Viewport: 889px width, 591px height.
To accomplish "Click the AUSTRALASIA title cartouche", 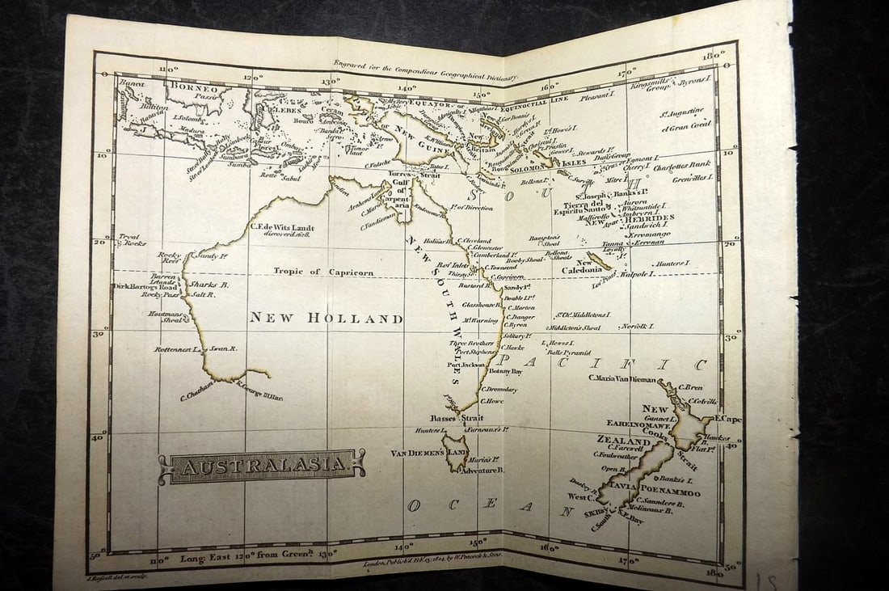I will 261,466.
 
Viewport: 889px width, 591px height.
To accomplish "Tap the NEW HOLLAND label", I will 325,319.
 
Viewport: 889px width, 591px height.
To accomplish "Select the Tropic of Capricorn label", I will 323,272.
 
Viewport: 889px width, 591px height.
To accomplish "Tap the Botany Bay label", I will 505,371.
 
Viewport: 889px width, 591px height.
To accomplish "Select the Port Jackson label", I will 466,365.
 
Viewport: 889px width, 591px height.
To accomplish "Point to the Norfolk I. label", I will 638,326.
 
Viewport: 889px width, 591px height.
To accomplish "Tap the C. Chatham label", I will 196,393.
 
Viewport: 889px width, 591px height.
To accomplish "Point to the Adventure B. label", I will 482,470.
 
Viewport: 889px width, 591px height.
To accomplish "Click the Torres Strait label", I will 415,174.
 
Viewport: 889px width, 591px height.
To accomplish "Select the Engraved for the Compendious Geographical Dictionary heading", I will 425,72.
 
